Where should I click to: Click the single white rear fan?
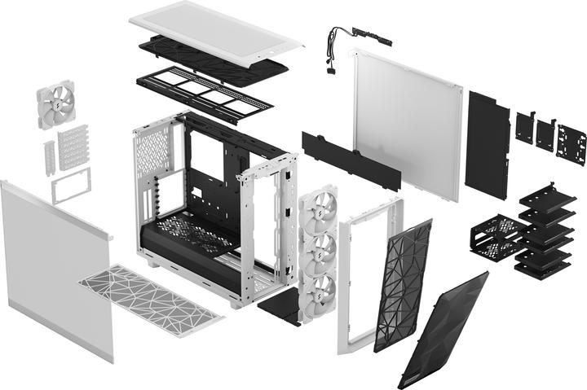[x=55, y=105]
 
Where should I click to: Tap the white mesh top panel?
[x=214, y=29]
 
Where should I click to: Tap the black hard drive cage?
[x=492, y=237]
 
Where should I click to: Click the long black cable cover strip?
[x=351, y=160]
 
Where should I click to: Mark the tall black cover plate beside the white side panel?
[x=487, y=145]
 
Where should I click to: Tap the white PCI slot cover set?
[x=72, y=147]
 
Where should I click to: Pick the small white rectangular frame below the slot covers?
[x=71, y=188]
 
